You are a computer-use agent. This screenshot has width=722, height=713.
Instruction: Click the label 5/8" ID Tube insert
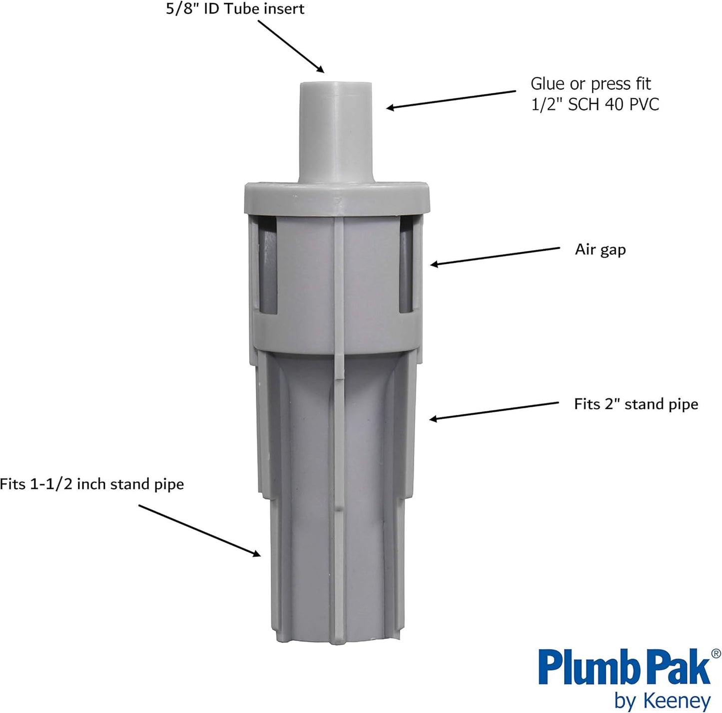[x=235, y=9]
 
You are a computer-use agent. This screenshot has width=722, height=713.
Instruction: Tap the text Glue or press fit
[x=591, y=83]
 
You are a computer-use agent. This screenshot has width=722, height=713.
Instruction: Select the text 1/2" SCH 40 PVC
[x=595, y=104]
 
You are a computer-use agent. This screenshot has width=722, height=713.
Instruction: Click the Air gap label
[x=600, y=249]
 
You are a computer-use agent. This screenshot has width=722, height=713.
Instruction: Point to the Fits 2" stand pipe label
[x=636, y=404]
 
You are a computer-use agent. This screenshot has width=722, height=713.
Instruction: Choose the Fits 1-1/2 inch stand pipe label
[x=92, y=484]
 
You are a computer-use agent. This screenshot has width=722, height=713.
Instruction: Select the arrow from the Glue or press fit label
[x=450, y=99]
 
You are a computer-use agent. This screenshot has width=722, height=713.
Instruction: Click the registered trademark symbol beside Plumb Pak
[x=716, y=653]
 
